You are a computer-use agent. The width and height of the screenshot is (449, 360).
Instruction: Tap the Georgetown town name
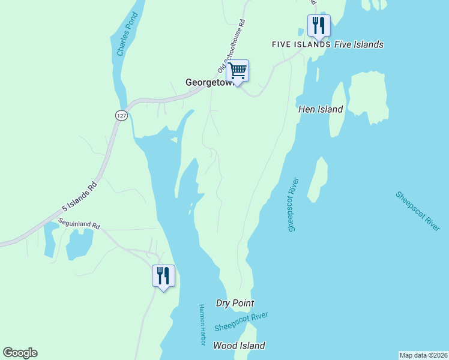point(207,83)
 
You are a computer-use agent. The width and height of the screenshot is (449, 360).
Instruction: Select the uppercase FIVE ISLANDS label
point(301,44)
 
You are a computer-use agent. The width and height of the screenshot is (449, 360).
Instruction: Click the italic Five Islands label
point(358,44)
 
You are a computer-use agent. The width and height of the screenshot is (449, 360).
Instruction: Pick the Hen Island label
point(321,109)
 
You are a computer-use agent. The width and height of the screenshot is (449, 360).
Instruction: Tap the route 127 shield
point(121,115)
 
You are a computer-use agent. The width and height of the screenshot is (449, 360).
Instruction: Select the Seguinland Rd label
point(79,224)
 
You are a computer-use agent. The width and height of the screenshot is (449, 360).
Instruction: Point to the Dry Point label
point(235,304)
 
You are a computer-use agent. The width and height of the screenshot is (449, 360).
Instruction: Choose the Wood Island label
point(239,346)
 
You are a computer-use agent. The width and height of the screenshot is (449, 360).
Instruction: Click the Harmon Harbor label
point(202,325)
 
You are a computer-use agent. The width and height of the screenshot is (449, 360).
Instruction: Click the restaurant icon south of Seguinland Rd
point(163,275)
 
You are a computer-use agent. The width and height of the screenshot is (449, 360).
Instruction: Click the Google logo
point(20,353)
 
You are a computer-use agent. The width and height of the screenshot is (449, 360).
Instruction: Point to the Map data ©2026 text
point(423,355)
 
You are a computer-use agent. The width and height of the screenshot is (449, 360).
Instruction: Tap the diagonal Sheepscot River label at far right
point(418,211)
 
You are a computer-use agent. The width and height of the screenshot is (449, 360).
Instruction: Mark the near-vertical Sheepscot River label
point(293,205)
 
